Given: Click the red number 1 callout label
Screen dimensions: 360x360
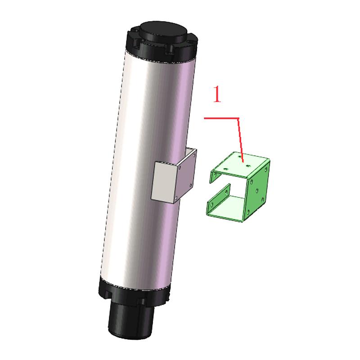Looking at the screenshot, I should coord(217,95).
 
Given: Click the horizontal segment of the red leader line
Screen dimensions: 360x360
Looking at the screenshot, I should coord(220,118).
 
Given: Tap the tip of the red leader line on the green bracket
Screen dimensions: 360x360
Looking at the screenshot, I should coord(243,161).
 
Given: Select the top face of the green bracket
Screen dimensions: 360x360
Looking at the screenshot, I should coord(241,164).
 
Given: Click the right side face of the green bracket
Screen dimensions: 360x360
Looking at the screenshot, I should coord(259,189).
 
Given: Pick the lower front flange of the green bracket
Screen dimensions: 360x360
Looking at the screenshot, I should coord(218,198).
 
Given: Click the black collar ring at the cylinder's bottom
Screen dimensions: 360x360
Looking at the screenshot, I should coord(135,295).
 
